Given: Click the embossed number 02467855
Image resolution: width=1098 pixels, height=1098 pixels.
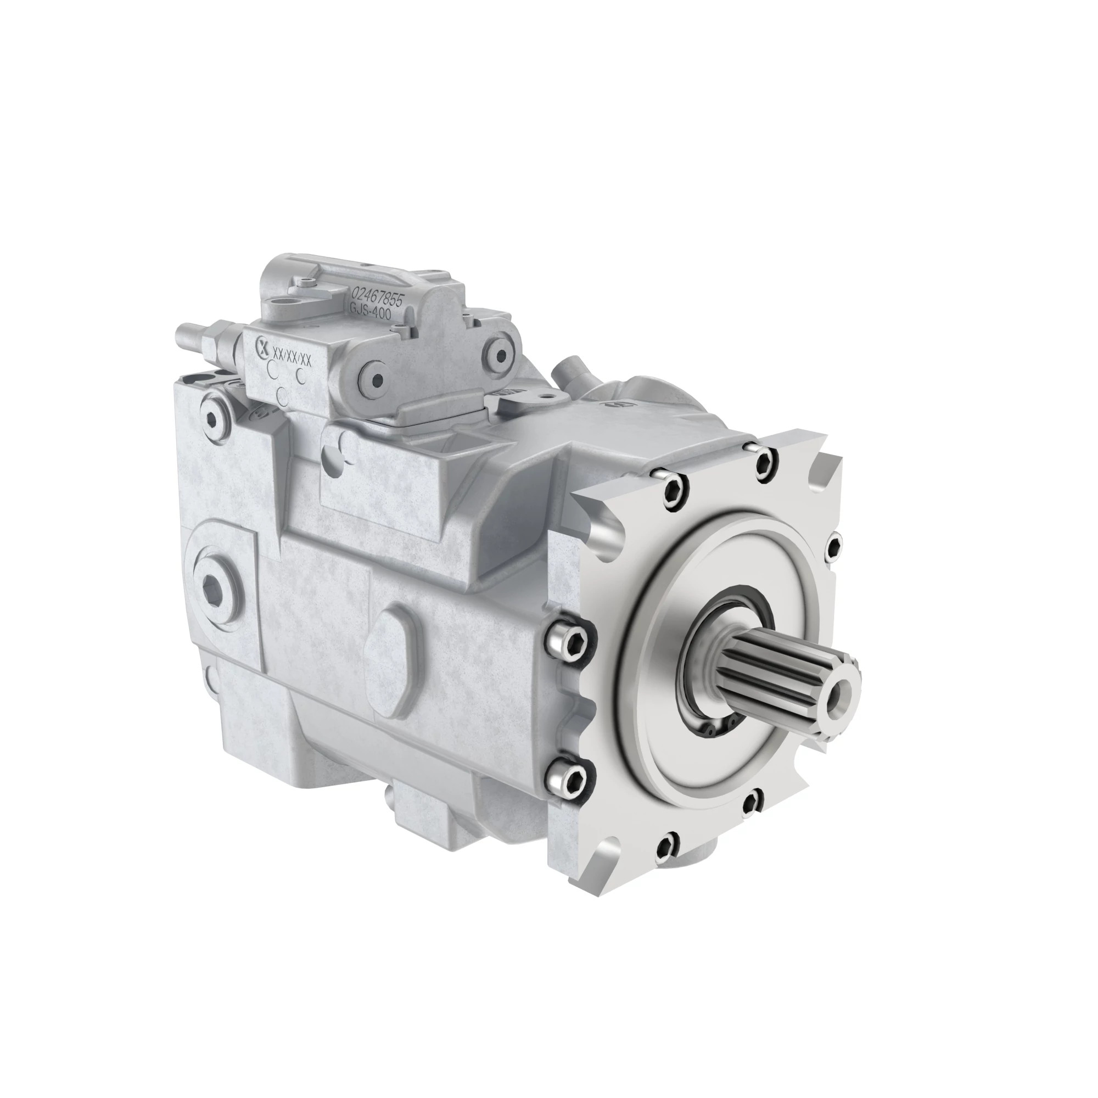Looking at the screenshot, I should [377, 296].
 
